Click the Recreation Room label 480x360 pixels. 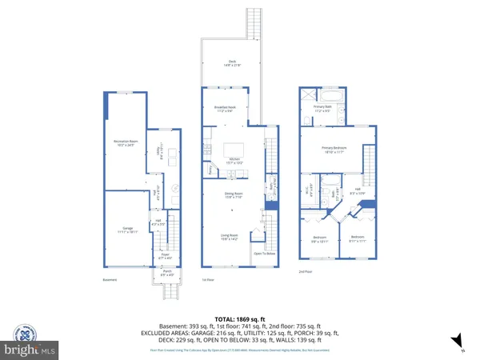coord(126,143)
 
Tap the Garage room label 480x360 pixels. coord(126,230)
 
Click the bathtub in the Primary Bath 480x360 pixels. coord(335,95)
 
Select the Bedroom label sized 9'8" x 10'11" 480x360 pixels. coord(319,238)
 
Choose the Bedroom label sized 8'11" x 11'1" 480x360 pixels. coord(356,238)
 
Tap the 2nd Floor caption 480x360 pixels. coord(306,272)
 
